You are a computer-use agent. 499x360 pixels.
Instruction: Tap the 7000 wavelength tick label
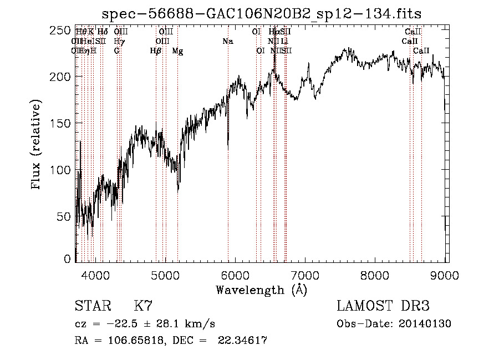[305, 273]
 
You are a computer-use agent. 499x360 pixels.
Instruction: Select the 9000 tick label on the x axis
[445, 273]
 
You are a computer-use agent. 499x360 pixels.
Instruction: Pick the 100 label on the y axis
[63, 169]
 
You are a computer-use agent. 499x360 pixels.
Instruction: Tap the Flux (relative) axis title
[37, 145]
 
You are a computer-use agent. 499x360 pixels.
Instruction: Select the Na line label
[228, 41]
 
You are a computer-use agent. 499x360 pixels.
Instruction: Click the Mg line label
[177, 50]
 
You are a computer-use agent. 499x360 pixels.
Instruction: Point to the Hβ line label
[156, 50]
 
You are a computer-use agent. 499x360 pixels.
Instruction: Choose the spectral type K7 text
[142, 306]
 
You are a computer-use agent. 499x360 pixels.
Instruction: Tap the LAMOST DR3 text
[383, 306]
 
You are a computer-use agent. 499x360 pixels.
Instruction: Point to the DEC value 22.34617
[243, 341]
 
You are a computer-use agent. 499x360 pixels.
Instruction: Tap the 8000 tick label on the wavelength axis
[375, 273]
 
